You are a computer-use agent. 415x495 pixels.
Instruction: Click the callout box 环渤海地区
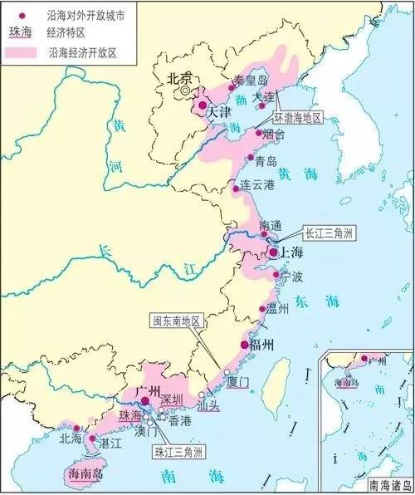307,119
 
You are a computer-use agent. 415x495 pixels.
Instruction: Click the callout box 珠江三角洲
180,453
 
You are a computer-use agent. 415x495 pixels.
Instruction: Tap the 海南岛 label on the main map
81,475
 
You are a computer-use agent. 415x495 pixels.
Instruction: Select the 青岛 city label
266,161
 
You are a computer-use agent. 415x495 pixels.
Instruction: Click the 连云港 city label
256,184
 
